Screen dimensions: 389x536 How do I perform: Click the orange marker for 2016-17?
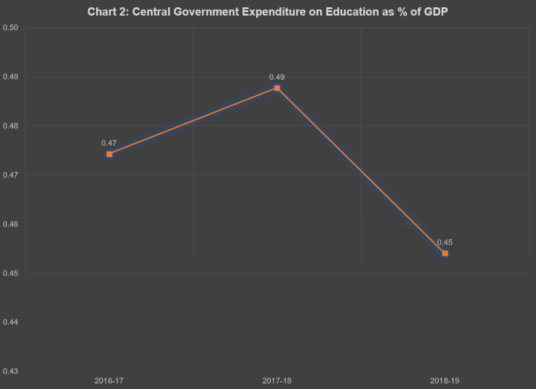pyautogui.click(x=109, y=154)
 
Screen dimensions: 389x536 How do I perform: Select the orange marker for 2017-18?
pyautogui.click(x=277, y=88)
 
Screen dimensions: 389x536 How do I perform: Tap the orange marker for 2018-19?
pyautogui.click(x=445, y=253)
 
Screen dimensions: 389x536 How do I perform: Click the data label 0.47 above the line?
pyautogui.click(x=109, y=143)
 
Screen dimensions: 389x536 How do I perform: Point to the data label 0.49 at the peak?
pyautogui.click(x=277, y=77)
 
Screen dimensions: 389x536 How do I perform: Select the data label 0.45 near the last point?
pyautogui.click(x=445, y=243)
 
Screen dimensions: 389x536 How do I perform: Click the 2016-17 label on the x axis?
pyautogui.click(x=109, y=381)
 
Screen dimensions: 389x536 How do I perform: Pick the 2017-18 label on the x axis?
pyautogui.click(x=277, y=381)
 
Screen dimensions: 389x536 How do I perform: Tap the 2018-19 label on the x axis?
pyautogui.click(x=445, y=381)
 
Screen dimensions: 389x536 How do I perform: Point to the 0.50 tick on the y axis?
pyautogui.click(x=11, y=28)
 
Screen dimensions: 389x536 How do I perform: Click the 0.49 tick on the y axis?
pyautogui.click(x=11, y=77)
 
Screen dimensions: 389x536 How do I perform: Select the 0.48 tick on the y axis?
pyautogui.click(x=11, y=126)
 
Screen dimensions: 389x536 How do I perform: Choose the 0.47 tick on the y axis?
pyautogui.click(x=11, y=175)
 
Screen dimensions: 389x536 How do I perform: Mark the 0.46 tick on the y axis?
pyautogui.click(x=11, y=224)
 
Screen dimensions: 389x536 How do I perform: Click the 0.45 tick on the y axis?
pyautogui.click(x=11, y=273)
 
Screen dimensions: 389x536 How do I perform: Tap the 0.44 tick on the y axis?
pyautogui.click(x=11, y=322)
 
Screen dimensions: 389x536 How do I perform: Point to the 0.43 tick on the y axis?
pyautogui.click(x=11, y=371)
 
